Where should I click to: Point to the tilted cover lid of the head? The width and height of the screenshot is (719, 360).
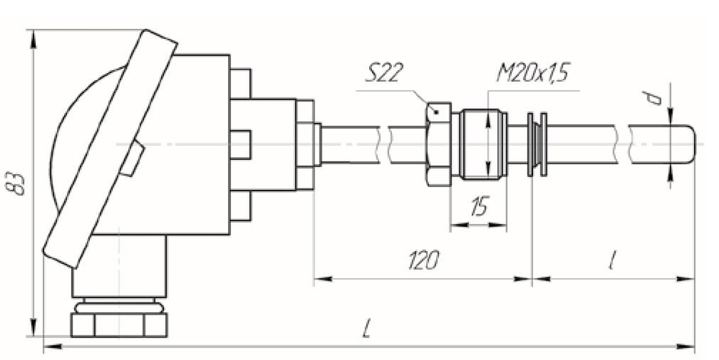coord(107,149)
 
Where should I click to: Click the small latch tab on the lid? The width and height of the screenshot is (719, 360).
coord(132,159)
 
